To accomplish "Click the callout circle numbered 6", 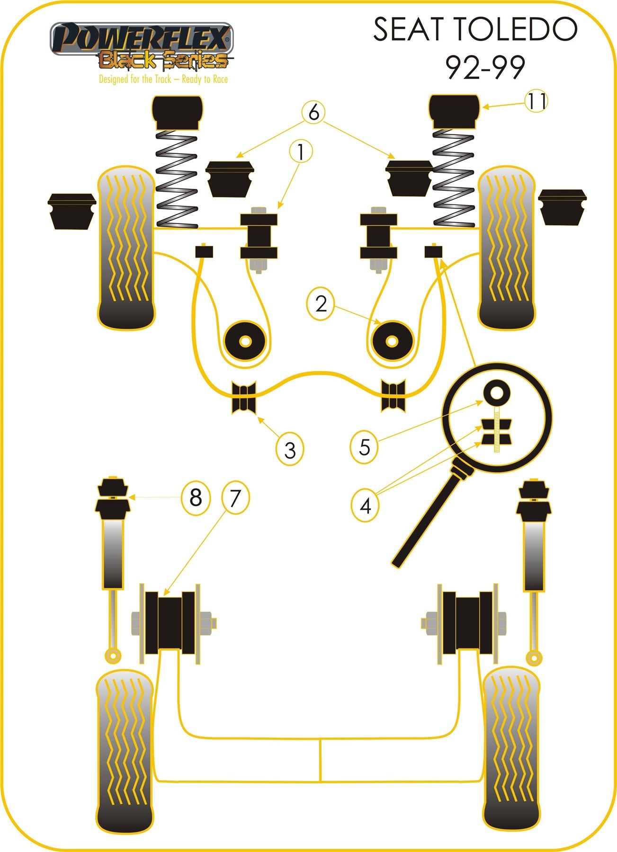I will [x=314, y=113].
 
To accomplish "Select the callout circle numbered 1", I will [x=301, y=152].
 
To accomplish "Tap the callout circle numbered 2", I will [x=321, y=304].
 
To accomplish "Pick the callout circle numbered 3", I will [x=290, y=450].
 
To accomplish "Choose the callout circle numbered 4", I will [x=366, y=506].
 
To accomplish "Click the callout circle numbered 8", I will [x=196, y=497].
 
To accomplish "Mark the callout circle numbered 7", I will [x=235, y=497].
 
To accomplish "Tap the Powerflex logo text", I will [x=142, y=38].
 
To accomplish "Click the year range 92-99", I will [x=485, y=68].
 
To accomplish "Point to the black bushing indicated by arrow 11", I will [x=454, y=111].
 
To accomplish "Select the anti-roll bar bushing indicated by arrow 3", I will [x=244, y=397].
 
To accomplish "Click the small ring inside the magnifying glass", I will [x=497, y=392].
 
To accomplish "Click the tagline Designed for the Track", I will [x=163, y=79].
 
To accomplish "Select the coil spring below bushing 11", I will [x=453, y=175].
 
